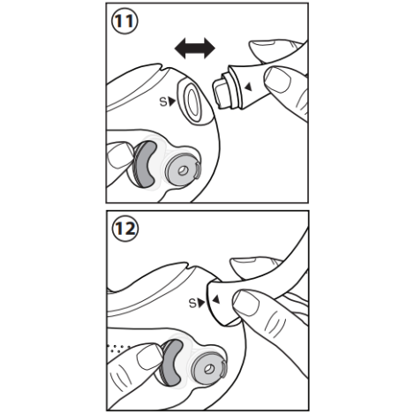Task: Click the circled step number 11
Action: (124, 21)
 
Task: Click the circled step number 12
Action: (125, 229)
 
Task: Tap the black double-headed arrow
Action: (195, 49)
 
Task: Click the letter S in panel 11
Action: (163, 102)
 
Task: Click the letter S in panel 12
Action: (192, 303)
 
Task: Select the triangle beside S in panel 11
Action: (172, 102)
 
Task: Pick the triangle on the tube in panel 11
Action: (249, 87)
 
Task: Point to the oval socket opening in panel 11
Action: (193, 103)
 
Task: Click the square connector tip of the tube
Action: (220, 92)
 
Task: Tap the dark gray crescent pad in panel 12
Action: (171, 363)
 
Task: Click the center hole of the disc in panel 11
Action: (184, 170)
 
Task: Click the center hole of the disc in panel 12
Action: (209, 369)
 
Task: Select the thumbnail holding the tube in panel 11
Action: (278, 79)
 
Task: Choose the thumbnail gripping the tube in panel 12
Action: (246, 303)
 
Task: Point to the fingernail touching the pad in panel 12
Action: (149, 357)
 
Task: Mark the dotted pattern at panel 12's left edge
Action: (118, 349)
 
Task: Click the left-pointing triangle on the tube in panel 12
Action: (216, 299)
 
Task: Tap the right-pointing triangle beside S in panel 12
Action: (201, 303)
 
